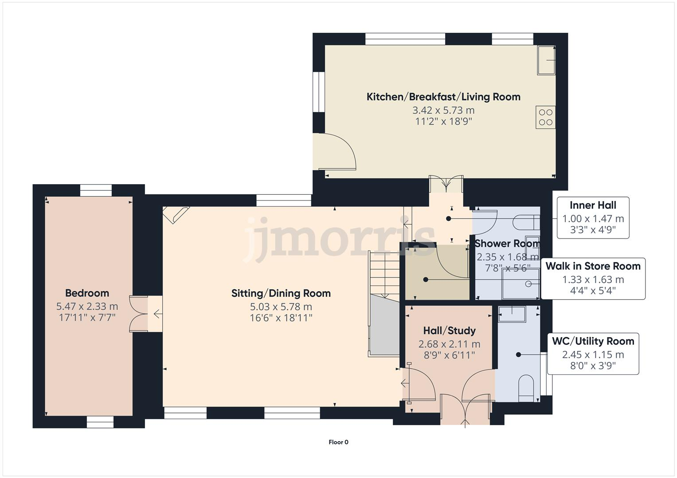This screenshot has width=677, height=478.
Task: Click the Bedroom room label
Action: coord(87,293)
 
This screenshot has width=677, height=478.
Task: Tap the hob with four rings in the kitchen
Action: coord(545,117)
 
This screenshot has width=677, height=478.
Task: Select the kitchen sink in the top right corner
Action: coord(546,60)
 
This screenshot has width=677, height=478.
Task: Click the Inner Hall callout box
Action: coord(593,218)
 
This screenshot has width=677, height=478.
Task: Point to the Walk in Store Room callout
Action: coord(593,279)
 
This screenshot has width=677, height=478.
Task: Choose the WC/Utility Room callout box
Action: coord(593,354)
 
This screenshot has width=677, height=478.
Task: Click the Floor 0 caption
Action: coord(338,442)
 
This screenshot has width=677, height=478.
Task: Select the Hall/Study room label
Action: coord(449,331)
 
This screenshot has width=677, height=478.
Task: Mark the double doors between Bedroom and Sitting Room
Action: coord(138,313)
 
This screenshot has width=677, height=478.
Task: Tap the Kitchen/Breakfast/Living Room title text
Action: coord(443,97)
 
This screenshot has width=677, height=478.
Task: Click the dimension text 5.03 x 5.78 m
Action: coord(281,306)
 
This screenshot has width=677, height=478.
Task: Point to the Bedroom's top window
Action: coord(96,190)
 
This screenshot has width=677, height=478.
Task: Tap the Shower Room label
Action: coord(507,243)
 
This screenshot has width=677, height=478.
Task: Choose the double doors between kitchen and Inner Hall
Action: coord(446,184)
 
